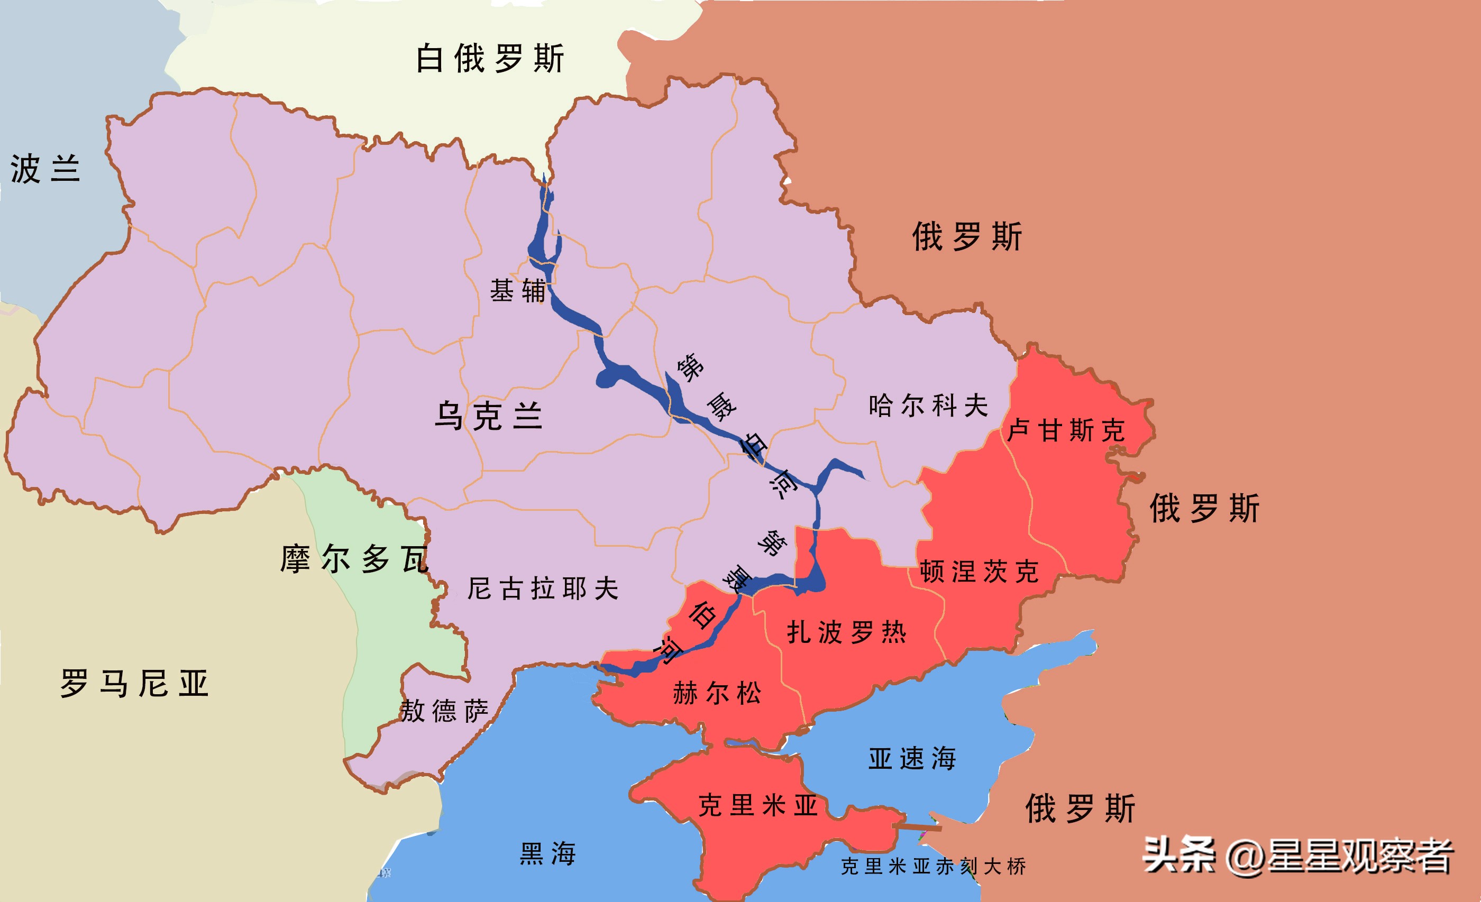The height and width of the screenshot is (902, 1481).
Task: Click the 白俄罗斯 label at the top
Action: pyautogui.click(x=490, y=58)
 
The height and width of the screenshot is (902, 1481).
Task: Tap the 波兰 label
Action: pyautogui.click(x=45, y=168)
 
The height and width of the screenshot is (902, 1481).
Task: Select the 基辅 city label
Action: pyautogui.click(x=517, y=291)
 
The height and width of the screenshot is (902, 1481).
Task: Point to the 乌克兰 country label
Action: pyautogui.click(x=488, y=416)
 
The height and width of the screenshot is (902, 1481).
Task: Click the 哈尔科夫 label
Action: pyautogui.click(x=928, y=406)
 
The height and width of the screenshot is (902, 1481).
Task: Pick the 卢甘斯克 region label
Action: pyautogui.click(x=1066, y=430)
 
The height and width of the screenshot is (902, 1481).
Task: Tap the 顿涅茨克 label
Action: pyautogui.click(x=979, y=572)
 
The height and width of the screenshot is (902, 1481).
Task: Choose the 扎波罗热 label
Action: pyautogui.click(x=846, y=632)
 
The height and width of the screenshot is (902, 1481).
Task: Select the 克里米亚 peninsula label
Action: pyautogui.click(x=758, y=805)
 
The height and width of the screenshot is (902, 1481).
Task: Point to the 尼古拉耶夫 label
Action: pyautogui.click(x=543, y=588)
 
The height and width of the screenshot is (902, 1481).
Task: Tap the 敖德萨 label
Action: pyautogui.click(x=444, y=711)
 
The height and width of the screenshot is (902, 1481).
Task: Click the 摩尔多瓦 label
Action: pyautogui.click(x=354, y=559)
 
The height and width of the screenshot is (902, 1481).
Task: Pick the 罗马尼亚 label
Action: pyautogui.click(x=134, y=684)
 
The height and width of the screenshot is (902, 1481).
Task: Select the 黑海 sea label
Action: pyautogui.click(x=547, y=853)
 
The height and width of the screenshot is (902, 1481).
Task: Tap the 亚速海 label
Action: pyautogui.click(x=912, y=758)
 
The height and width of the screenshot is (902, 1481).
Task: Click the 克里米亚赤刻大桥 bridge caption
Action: pyautogui.click(x=933, y=867)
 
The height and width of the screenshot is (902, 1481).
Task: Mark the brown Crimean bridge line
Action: pyautogui.click(x=918, y=828)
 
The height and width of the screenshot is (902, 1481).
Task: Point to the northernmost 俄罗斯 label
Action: pyautogui.click(x=966, y=236)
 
